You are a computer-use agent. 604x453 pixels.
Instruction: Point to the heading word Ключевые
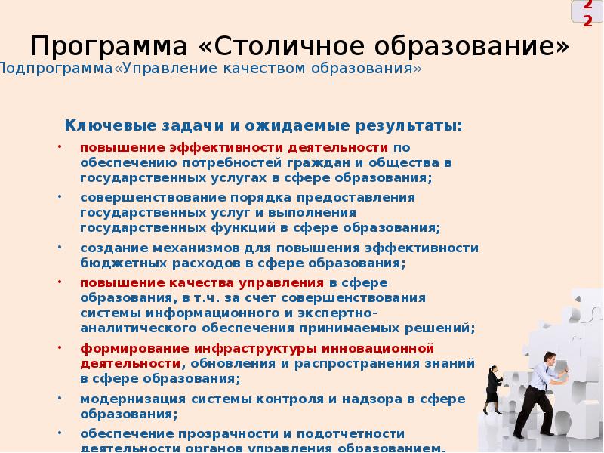click(x=100, y=125)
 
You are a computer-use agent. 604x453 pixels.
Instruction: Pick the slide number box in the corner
click(x=587, y=14)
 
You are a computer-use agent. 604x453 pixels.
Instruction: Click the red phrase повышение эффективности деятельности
click(x=235, y=147)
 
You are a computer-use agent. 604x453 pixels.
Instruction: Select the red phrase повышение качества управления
click(x=202, y=282)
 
